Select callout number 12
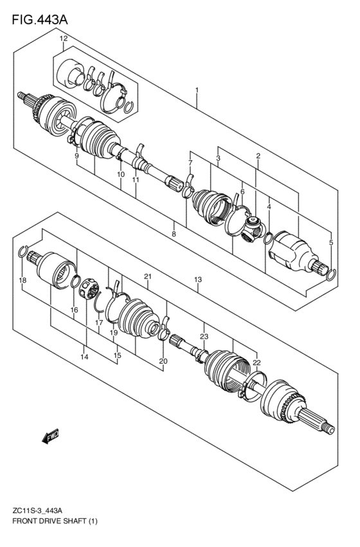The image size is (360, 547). tap(64, 39)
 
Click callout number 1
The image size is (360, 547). tap(197, 90)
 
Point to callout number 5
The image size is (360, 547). tap(331, 242)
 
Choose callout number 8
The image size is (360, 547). tap(174, 235)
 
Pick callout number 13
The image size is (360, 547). tap(198, 280)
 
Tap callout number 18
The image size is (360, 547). tap(22, 280)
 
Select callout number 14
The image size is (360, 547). tap(84, 356)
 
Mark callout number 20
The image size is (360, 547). tap(163, 361)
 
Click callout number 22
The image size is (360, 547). tap(257, 363)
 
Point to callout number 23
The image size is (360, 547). tap(204, 336)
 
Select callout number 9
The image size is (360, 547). tap(76, 156)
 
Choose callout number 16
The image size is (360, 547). tap(75, 310)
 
